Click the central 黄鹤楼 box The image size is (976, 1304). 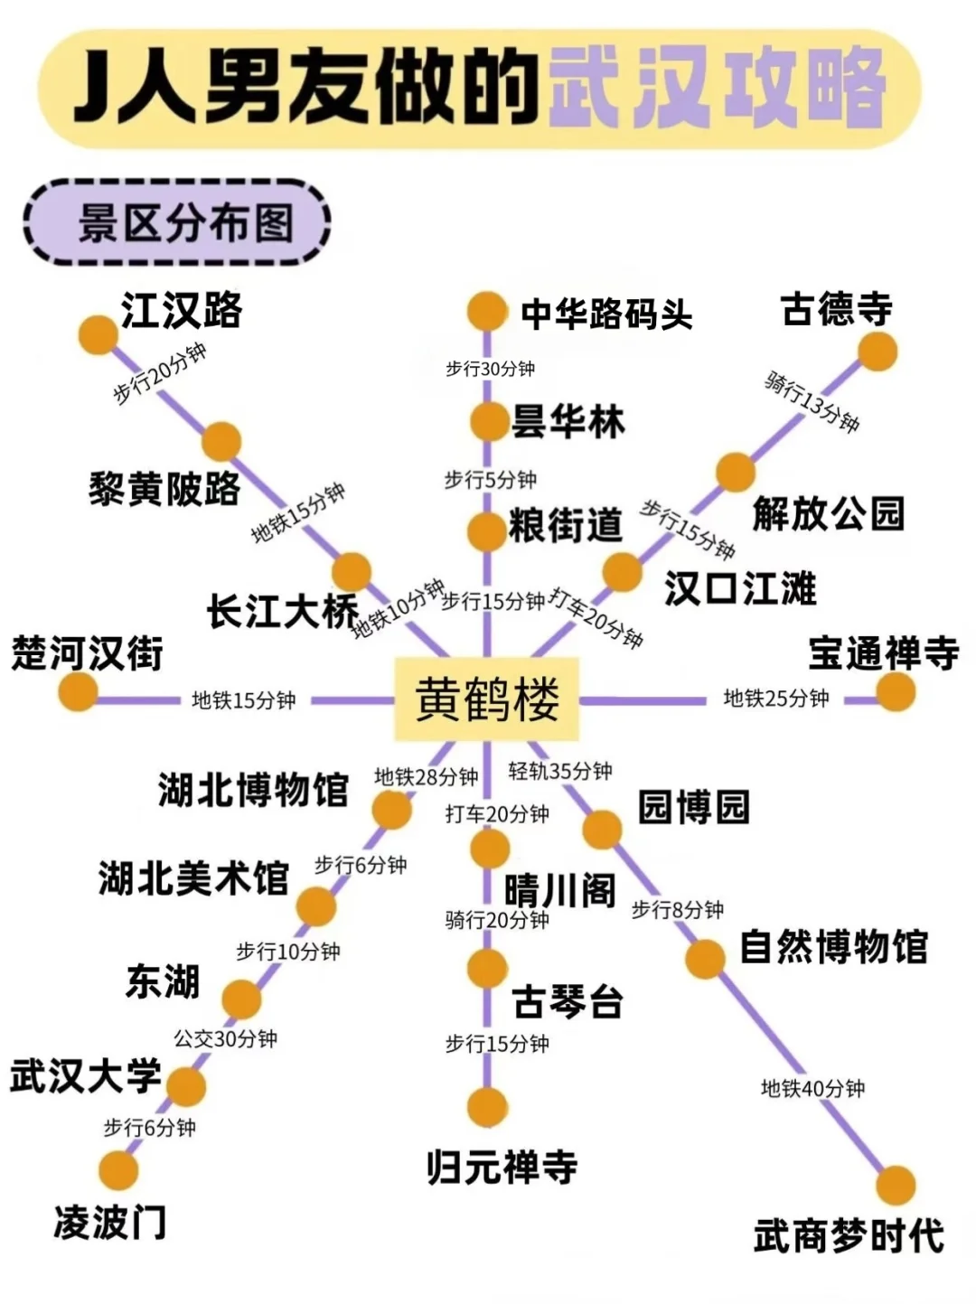pyautogui.click(x=487, y=699)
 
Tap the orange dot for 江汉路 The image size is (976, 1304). pyautogui.click(x=99, y=334)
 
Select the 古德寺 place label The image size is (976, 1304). pyautogui.click(x=836, y=310)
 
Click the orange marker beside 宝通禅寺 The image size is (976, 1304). pyautogui.click(x=896, y=692)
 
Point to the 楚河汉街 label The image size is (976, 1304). pyautogui.click(x=88, y=652)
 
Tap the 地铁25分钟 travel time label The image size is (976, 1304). pyautogui.click(x=775, y=699)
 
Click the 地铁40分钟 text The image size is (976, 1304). pyautogui.click(x=812, y=1088)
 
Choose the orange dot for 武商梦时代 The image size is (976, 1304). pyautogui.click(x=896, y=1185)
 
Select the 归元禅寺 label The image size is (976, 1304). pyautogui.click(x=502, y=1167)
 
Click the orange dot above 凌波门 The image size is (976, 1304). pyautogui.click(x=118, y=1170)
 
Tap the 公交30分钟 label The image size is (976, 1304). pyautogui.click(x=225, y=1039)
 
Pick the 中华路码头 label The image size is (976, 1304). pyautogui.click(x=606, y=314)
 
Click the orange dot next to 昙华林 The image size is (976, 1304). pyautogui.click(x=489, y=421)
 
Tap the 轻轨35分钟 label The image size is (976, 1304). pyautogui.click(x=560, y=771)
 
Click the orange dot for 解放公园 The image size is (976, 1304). pyautogui.click(x=736, y=473)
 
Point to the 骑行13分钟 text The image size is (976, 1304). pyautogui.click(x=812, y=401)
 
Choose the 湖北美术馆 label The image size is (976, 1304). pyautogui.click(x=193, y=877)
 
